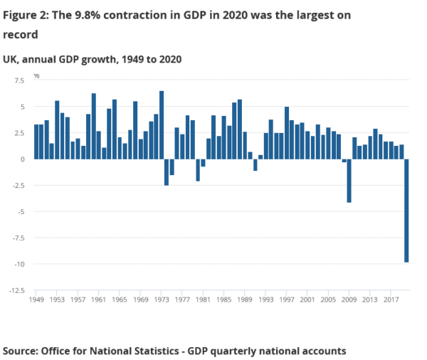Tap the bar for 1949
click(36, 142)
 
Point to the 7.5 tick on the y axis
click(19, 81)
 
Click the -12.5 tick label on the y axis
click(16, 290)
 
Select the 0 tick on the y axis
click(23, 159)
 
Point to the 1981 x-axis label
click(204, 300)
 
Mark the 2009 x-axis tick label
click(349, 300)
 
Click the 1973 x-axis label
click(162, 300)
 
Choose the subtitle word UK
click(11, 59)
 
